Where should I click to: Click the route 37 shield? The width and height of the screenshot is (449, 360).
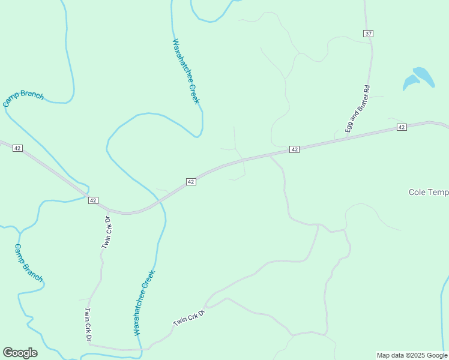(x=368, y=34)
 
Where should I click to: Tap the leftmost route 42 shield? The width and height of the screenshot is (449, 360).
(x=17, y=148)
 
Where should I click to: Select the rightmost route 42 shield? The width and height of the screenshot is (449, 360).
(x=402, y=127)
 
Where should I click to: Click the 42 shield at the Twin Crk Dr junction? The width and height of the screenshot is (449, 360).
(x=93, y=200)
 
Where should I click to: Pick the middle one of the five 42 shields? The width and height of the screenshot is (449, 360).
(x=190, y=181)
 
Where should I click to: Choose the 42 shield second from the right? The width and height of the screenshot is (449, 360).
(x=294, y=149)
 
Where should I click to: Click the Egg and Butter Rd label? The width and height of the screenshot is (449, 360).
(x=357, y=109)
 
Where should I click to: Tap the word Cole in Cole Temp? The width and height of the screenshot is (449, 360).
(x=417, y=192)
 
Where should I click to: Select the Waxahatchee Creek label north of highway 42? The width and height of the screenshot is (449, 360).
(x=185, y=71)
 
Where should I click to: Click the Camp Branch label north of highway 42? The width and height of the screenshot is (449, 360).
(x=23, y=98)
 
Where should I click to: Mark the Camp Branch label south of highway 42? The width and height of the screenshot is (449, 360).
(x=28, y=262)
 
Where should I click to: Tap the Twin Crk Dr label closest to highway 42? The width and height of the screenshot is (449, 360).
(x=107, y=232)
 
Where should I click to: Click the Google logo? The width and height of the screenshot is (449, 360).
(x=20, y=353)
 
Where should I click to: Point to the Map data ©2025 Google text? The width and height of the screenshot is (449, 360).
(x=412, y=355)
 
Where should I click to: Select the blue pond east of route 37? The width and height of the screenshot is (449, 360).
(x=420, y=77)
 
